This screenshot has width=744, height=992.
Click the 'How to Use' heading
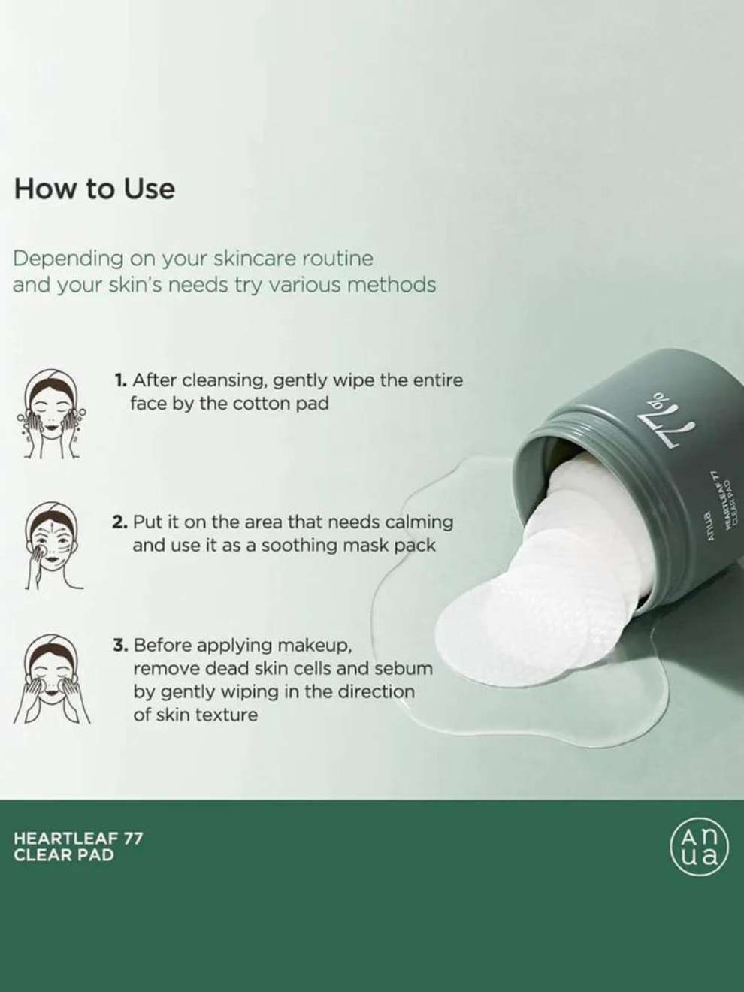tap(95, 189)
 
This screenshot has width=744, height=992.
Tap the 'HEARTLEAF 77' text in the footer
tap(79, 839)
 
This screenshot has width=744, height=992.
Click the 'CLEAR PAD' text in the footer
tap(64, 855)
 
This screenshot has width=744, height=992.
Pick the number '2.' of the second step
tap(120, 522)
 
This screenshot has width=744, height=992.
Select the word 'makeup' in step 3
tap(314, 646)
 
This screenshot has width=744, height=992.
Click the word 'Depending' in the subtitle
tap(68, 260)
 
